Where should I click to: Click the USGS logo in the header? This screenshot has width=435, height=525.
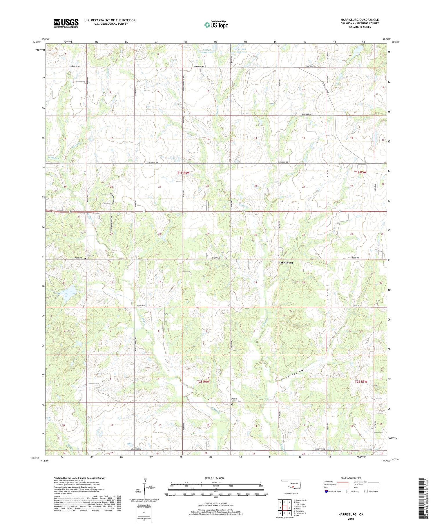click(66, 23)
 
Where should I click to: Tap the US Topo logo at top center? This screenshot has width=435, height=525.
click(216, 25)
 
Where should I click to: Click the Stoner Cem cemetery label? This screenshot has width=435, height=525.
click(90, 256)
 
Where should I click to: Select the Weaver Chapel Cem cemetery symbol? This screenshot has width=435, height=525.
click(231, 403)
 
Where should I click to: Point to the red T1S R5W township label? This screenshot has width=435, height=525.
click(360, 172)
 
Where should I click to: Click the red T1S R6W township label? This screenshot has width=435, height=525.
click(183, 173)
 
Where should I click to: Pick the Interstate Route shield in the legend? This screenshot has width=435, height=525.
click(326, 491)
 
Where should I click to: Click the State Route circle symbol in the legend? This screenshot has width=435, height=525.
click(366, 491)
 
